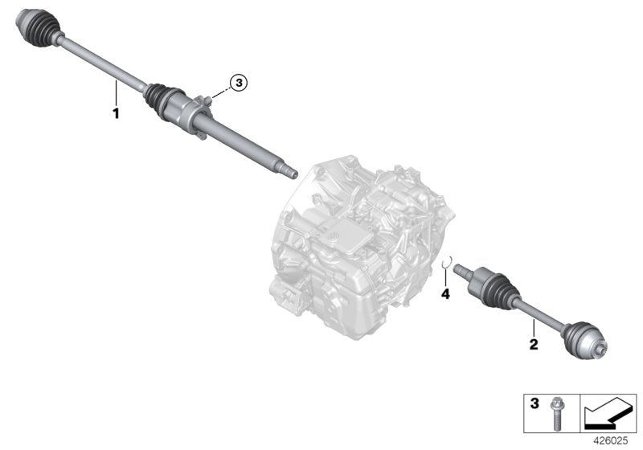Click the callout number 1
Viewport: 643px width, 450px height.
pyautogui.click(x=116, y=113)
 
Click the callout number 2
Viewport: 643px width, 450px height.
pyautogui.click(x=532, y=346)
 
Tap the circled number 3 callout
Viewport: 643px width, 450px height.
pyautogui.click(x=236, y=81)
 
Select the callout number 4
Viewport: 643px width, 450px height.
pyautogui.click(x=445, y=294)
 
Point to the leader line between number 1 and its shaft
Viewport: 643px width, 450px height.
pyautogui.click(x=116, y=93)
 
